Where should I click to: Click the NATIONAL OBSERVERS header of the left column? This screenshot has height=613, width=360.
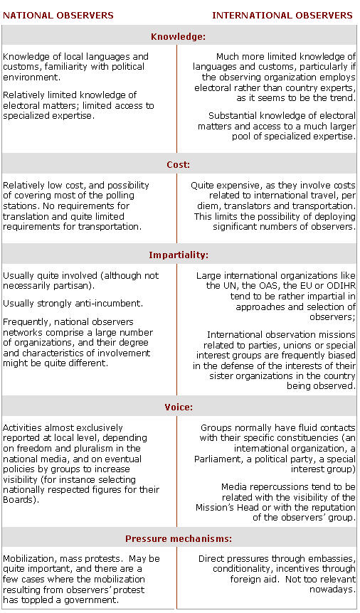pos(58,15)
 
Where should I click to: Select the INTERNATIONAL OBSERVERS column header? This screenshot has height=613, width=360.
pos(282,15)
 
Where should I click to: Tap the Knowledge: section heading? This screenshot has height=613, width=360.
pos(179,36)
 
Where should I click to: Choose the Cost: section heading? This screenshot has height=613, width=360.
pos(179,165)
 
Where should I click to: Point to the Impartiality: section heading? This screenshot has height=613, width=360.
pos(179,255)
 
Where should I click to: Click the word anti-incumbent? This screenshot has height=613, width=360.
pos(115,304)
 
